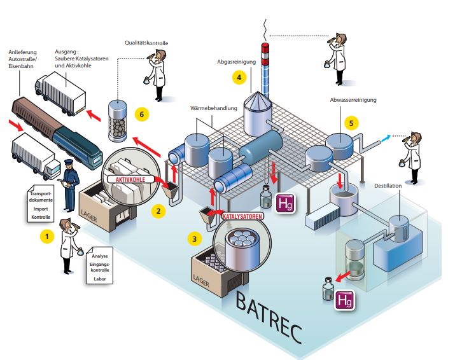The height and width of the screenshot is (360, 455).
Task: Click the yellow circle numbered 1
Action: (47, 237)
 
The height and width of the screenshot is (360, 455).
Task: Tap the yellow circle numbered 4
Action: (239, 78)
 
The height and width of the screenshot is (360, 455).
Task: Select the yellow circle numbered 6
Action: (142, 114)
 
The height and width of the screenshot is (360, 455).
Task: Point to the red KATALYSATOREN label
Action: (242, 216)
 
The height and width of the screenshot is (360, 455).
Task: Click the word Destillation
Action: (388, 186)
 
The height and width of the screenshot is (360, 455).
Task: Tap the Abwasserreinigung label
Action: (353, 100)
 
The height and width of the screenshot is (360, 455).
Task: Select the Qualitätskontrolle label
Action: (146, 43)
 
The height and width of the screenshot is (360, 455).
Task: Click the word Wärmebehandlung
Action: (214, 108)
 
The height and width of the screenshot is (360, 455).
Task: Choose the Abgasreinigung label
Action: (237, 62)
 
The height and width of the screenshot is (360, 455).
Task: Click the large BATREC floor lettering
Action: (269, 317)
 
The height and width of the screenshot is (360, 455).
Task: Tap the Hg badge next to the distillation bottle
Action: (344, 301)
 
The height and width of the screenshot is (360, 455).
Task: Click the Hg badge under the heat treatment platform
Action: (285, 203)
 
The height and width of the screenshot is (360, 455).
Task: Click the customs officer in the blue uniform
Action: (69, 185)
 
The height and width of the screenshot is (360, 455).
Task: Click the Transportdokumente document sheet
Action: (41, 204)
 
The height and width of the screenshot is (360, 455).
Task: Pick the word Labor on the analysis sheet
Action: (99, 279)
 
